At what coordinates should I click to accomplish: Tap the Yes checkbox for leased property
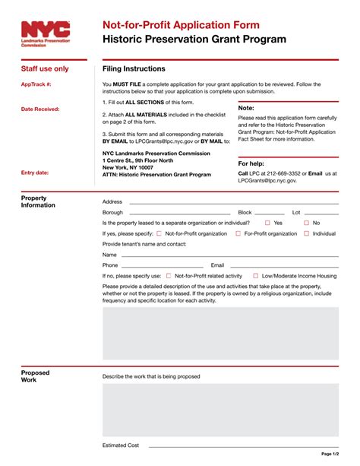(x=267, y=223)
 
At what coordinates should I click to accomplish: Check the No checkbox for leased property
(x=307, y=223)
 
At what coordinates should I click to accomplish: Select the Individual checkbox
(x=306, y=233)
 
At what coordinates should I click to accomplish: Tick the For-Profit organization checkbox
(x=238, y=233)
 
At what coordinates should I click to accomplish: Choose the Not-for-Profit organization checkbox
(x=159, y=233)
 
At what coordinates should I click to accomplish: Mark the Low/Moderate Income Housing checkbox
(x=256, y=276)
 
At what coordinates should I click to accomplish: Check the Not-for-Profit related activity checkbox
(x=169, y=276)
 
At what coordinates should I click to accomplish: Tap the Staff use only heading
(x=45, y=68)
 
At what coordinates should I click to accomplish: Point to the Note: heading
(x=246, y=109)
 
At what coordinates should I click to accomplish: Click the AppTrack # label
(x=36, y=84)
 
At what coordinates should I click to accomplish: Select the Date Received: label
(x=40, y=109)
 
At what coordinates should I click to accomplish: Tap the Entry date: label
(x=35, y=173)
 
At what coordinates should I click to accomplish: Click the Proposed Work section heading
(x=35, y=376)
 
